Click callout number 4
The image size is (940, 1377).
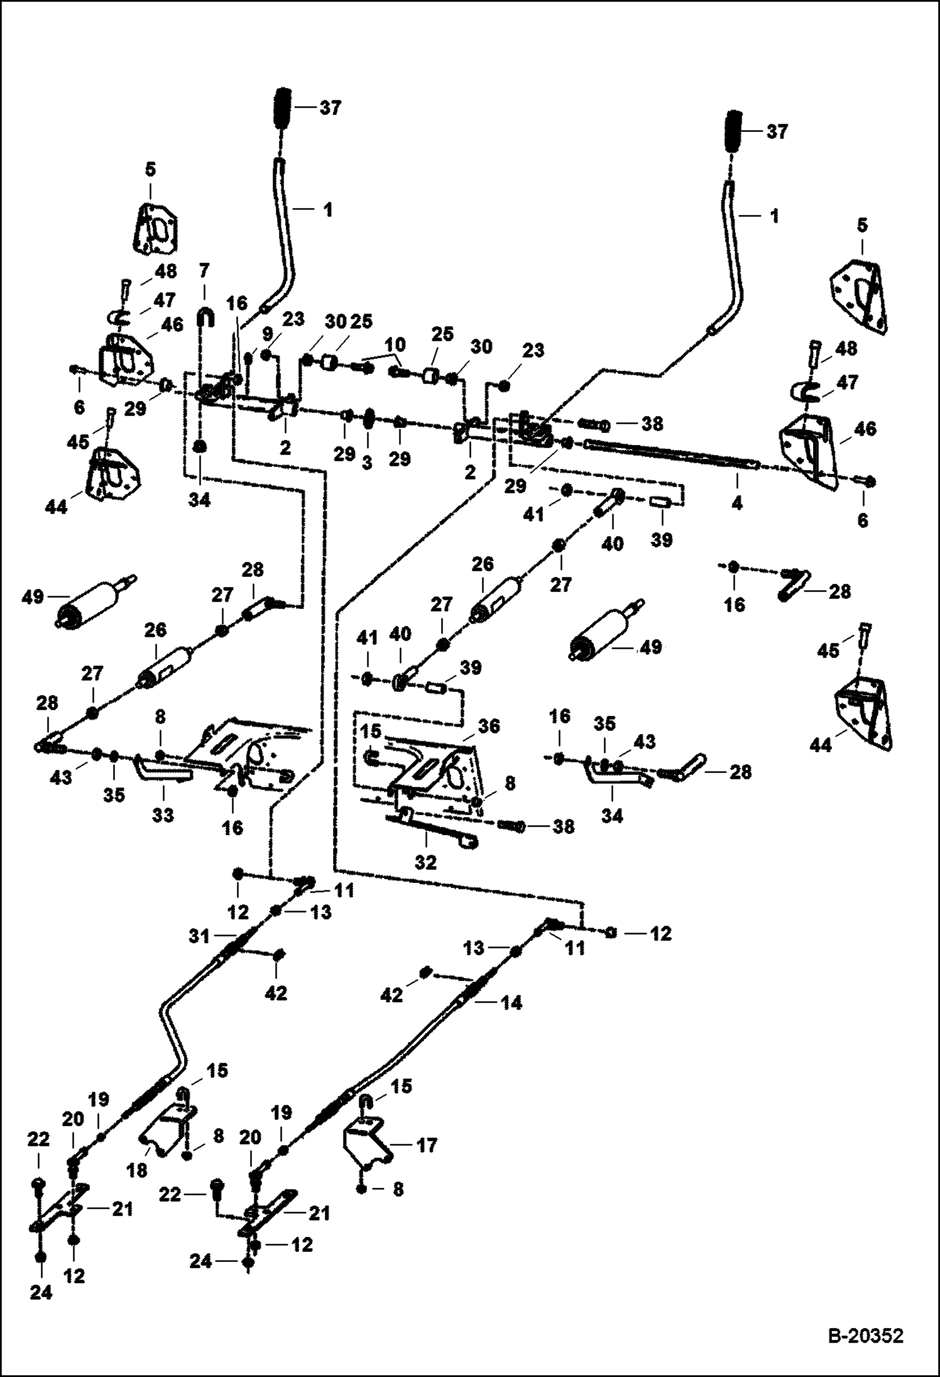[737, 503]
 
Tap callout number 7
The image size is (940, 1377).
[204, 272]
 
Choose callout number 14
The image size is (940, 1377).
[513, 1003]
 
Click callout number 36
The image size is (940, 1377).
[489, 726]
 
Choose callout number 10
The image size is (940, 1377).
[395, 345]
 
